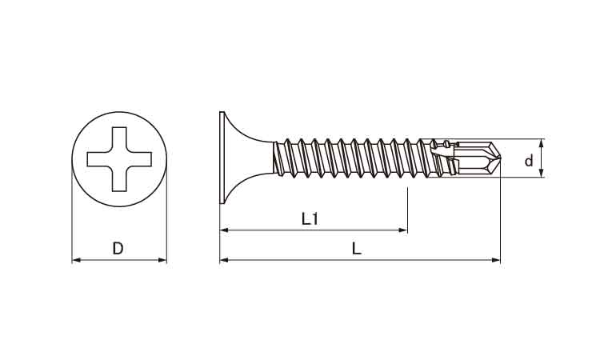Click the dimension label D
(118, 249)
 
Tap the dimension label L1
(310, 219)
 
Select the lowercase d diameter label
(529, 161)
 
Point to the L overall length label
(357, 249)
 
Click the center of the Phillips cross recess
(119, 159)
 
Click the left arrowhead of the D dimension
(76, 260)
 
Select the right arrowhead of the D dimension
(162, 260)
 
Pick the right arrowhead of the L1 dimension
(403, 230)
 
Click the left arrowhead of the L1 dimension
(224, 230)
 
